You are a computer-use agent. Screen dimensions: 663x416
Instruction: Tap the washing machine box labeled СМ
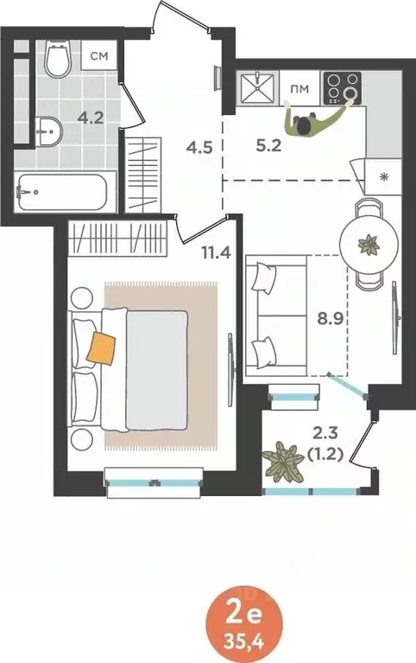[100, 57]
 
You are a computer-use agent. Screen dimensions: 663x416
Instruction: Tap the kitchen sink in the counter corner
[258, 88]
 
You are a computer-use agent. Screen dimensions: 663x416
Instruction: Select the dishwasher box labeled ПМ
[299, 87]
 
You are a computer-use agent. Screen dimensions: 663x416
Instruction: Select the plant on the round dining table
[369, 244]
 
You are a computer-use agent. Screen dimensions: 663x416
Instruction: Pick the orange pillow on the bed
[102, 347]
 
